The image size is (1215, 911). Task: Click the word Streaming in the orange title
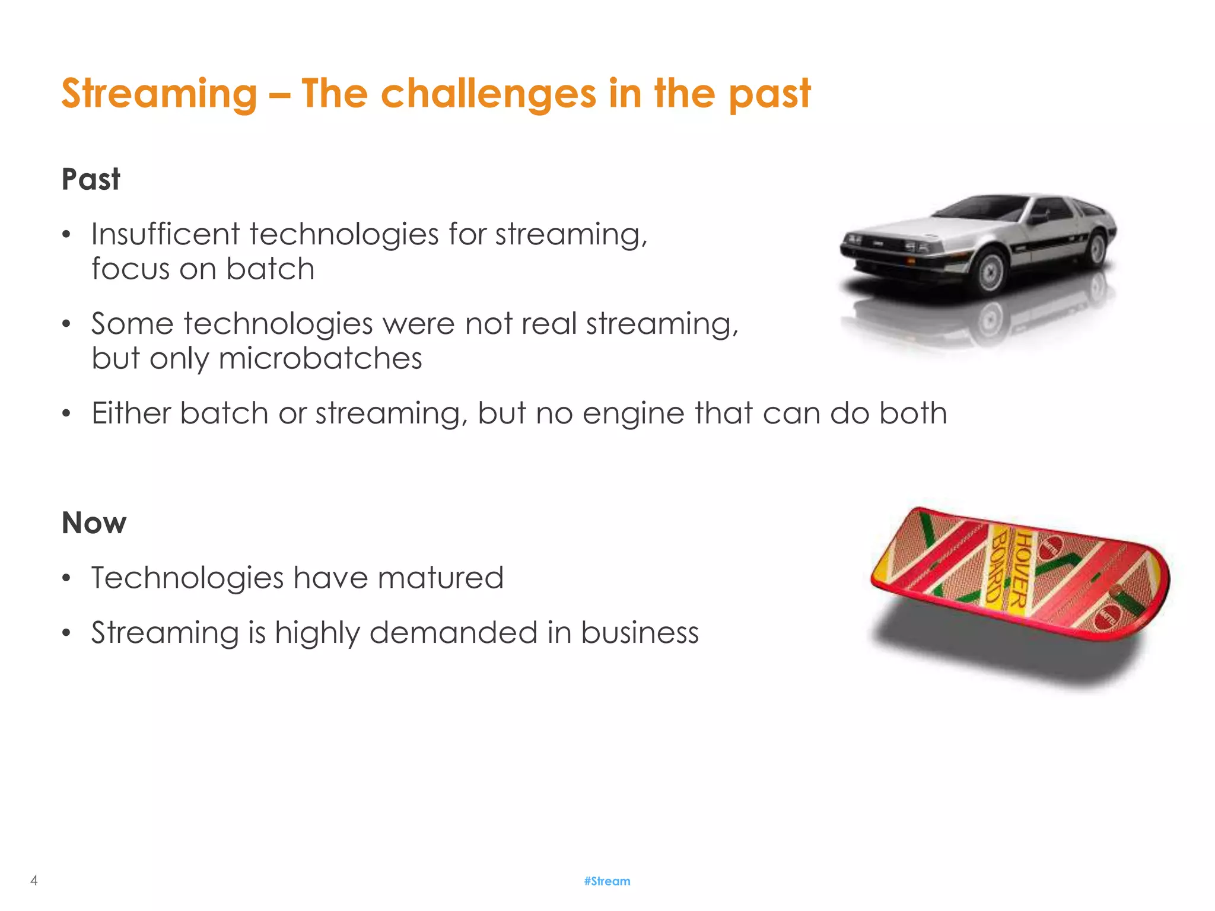point(159,94)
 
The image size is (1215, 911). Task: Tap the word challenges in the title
point(488,94)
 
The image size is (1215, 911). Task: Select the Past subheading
point(91,179)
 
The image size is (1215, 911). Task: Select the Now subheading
point(94,523)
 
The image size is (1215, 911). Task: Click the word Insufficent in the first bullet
point(165,234)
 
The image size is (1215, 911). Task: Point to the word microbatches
point(320,358)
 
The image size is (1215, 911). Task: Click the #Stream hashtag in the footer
point(607,881)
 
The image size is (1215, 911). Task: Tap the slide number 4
point(34,880)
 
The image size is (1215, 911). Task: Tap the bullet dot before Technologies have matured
point(66,578)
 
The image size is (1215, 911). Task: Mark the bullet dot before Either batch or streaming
point(66,413)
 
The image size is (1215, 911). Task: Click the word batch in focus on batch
point(270,269)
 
